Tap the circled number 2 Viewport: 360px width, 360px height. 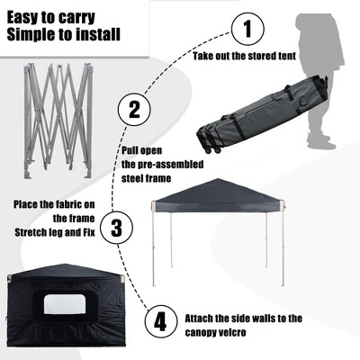coord(134,110)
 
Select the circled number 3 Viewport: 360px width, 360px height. coord(115,227)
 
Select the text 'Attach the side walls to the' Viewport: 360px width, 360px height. coord(257,319)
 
